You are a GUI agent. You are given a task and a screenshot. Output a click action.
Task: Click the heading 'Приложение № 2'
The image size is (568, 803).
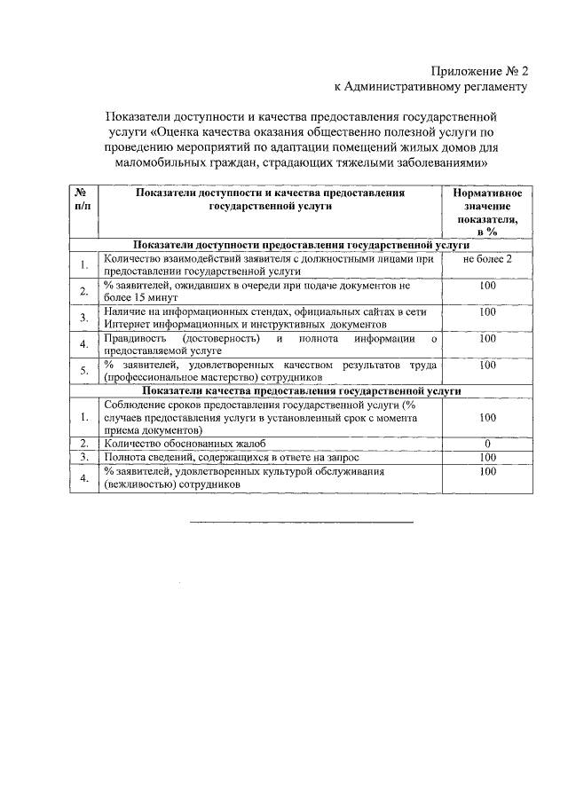[479, 70]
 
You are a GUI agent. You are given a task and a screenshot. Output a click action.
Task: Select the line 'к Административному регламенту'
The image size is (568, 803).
[430, 87]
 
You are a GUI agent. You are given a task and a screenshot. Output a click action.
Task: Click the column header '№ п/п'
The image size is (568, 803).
[83, 198]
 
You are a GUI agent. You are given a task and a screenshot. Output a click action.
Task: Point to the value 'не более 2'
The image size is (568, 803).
[487, 259]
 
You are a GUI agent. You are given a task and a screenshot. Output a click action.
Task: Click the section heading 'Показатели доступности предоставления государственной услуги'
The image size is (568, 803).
[302, 244]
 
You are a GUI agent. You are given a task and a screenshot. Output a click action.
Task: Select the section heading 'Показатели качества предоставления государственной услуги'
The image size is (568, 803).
[302, 390]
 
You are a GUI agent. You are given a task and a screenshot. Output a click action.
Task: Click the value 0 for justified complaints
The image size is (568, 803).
[487, 443]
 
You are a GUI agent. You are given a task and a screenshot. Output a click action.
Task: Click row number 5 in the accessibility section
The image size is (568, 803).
[83, 371]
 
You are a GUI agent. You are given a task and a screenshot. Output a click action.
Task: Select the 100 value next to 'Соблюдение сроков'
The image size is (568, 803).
[487, 416]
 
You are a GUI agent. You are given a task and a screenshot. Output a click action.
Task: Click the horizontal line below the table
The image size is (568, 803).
[302, 523]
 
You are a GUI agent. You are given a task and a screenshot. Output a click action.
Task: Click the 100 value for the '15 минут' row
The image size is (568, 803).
[487, 286]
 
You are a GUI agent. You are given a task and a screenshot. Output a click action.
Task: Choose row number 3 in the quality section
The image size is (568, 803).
[83, 456]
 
